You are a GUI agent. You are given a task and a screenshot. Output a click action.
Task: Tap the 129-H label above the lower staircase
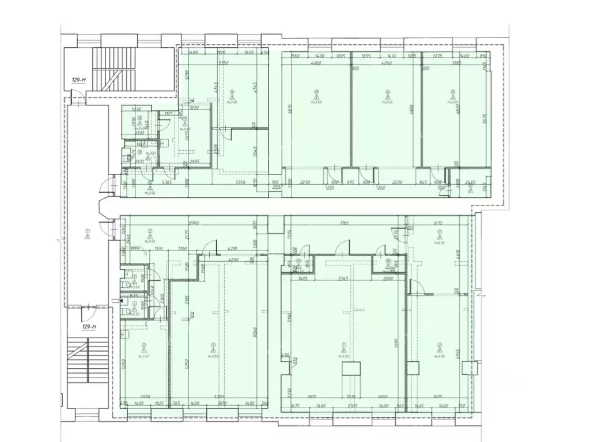(x=88, y=327)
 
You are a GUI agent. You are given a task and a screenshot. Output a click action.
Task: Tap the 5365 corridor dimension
(x=152, y=182)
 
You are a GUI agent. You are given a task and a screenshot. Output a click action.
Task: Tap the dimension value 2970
(x=145, y=397)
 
